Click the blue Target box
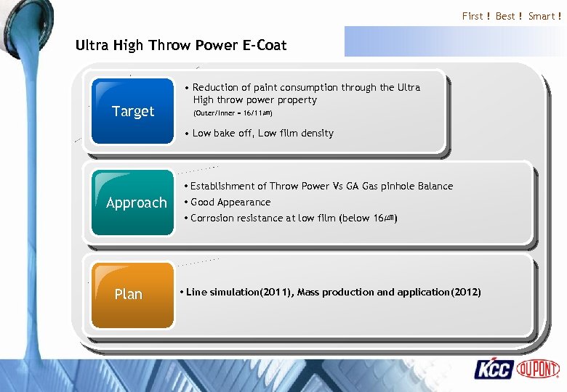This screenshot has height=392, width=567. click(132, 110)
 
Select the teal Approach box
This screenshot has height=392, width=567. click(134, 203)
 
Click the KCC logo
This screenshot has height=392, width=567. click(494, 369)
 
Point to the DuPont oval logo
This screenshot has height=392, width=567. click(538, 369)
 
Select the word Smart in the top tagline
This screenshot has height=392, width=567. click(542, 16)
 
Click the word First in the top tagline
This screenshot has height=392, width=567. click(472, 16)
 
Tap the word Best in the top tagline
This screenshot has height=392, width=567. click(505, 16)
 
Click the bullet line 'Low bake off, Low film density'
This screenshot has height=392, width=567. click(262, 133)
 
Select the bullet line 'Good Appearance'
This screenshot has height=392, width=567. click(230, 202)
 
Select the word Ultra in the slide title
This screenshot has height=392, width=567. click(92, 45)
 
